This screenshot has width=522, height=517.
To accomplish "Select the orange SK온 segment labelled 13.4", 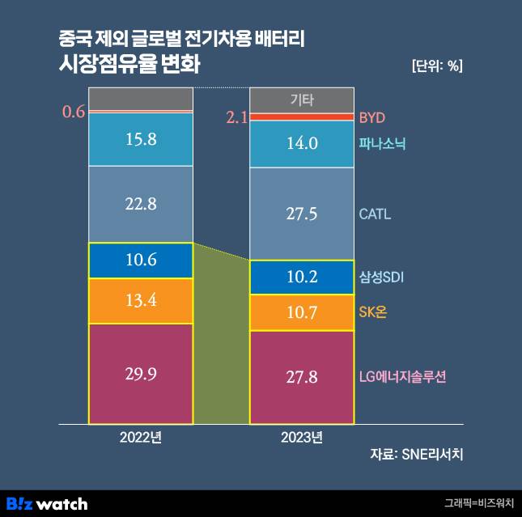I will (141, 302).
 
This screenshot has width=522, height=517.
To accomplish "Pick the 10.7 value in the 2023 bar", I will (302, 312).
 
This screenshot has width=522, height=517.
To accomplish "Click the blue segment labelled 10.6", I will (141, 261).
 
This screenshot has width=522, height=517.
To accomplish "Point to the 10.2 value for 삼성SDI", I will (302, 278).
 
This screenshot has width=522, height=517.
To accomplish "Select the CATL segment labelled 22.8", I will (141, 204).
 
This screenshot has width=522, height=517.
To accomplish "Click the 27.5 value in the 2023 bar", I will (302, 214).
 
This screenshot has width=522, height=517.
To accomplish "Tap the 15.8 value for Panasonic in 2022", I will (141, 139).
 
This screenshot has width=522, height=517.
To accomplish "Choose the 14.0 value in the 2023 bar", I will (302, 144).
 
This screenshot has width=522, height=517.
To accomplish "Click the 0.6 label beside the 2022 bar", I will (74, 112).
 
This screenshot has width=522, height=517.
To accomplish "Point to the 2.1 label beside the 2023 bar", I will (236, 118).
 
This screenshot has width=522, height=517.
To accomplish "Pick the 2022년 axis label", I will (141, 438).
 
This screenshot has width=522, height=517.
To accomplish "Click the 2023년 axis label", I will (302, 438).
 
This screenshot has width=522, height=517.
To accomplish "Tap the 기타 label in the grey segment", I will (302, 100).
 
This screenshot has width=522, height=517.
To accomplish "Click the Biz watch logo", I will (47, 503).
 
